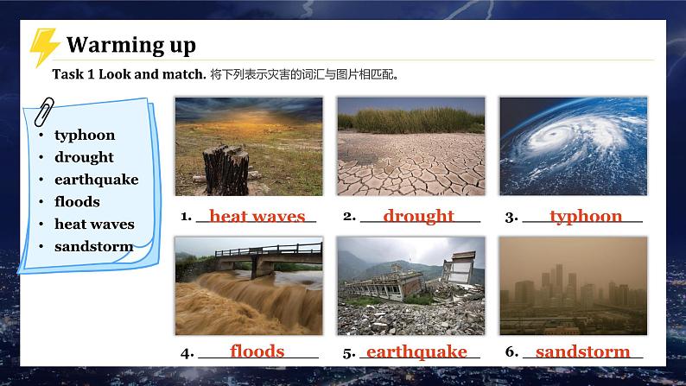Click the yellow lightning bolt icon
point(43,47)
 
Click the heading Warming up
point(131,44)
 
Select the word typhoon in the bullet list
point(85,135)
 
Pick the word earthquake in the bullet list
point(96,180)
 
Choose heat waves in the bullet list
point(94,224)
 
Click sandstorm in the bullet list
point(93,246)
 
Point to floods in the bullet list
point(77,201)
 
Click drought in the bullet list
point(84,157)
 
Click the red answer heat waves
point(257,216)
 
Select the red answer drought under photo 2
point(418,216)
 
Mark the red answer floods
point(257,351)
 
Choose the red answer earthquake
point(416,351)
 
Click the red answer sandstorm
point(582,351)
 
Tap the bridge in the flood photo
point(259,254)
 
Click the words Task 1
point(73,74)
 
